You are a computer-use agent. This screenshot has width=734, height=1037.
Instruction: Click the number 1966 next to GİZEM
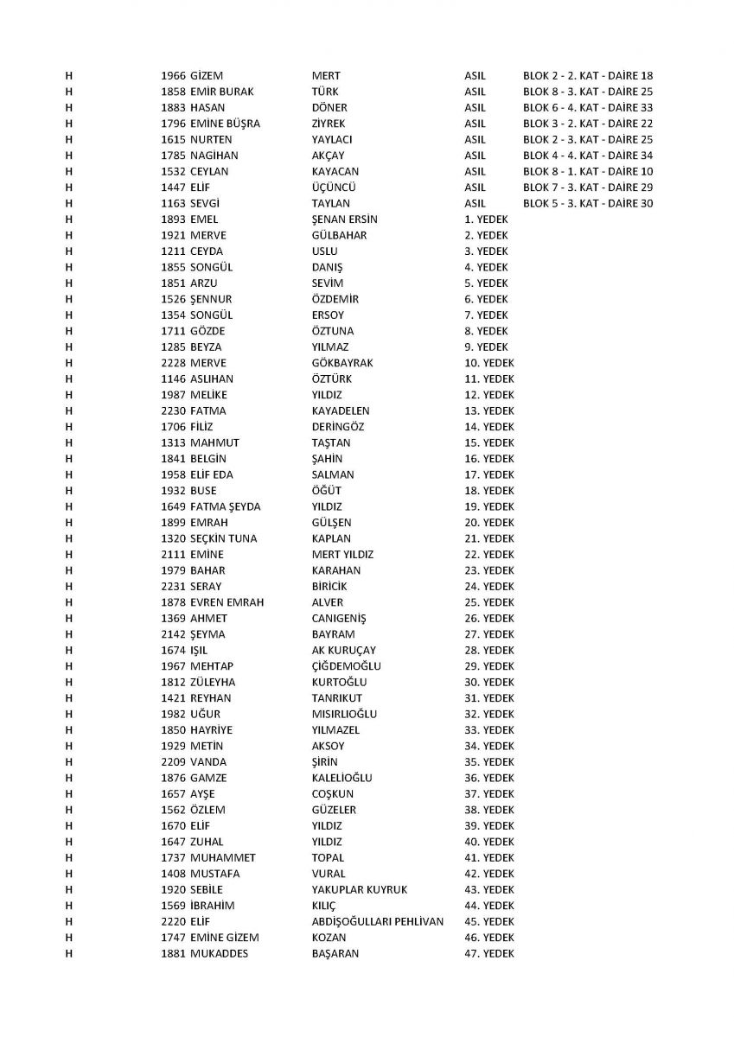[173, 76]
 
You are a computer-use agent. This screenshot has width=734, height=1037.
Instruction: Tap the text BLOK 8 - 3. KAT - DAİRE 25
[588, 92]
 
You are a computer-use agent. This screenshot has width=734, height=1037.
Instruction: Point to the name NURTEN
[210, 140]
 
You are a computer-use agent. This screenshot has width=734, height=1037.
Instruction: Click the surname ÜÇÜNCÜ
[335, 188]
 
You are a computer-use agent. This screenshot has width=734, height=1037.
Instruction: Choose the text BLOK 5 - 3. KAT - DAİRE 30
[588, 204]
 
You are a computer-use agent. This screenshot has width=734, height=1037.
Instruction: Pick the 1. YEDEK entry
[486, 219]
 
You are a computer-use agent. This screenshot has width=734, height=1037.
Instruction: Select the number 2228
[173, 364]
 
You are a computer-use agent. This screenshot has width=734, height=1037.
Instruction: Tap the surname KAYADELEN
[341, 411]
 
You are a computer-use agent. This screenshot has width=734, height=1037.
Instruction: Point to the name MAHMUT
[214, 443]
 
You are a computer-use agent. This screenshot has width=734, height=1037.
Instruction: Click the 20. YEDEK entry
[488, 523]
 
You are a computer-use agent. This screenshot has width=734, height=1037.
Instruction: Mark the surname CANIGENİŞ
[339, 619]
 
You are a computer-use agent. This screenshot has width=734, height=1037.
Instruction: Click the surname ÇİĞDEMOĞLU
[346, 666]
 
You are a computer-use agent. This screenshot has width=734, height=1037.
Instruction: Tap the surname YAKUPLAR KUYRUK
[359, 890]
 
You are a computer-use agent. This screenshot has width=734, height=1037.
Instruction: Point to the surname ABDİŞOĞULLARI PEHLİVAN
[377, 922]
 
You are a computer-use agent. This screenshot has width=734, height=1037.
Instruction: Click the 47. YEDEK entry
[488, 954]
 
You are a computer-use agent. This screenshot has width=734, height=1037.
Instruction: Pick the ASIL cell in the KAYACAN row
[475, 172]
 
